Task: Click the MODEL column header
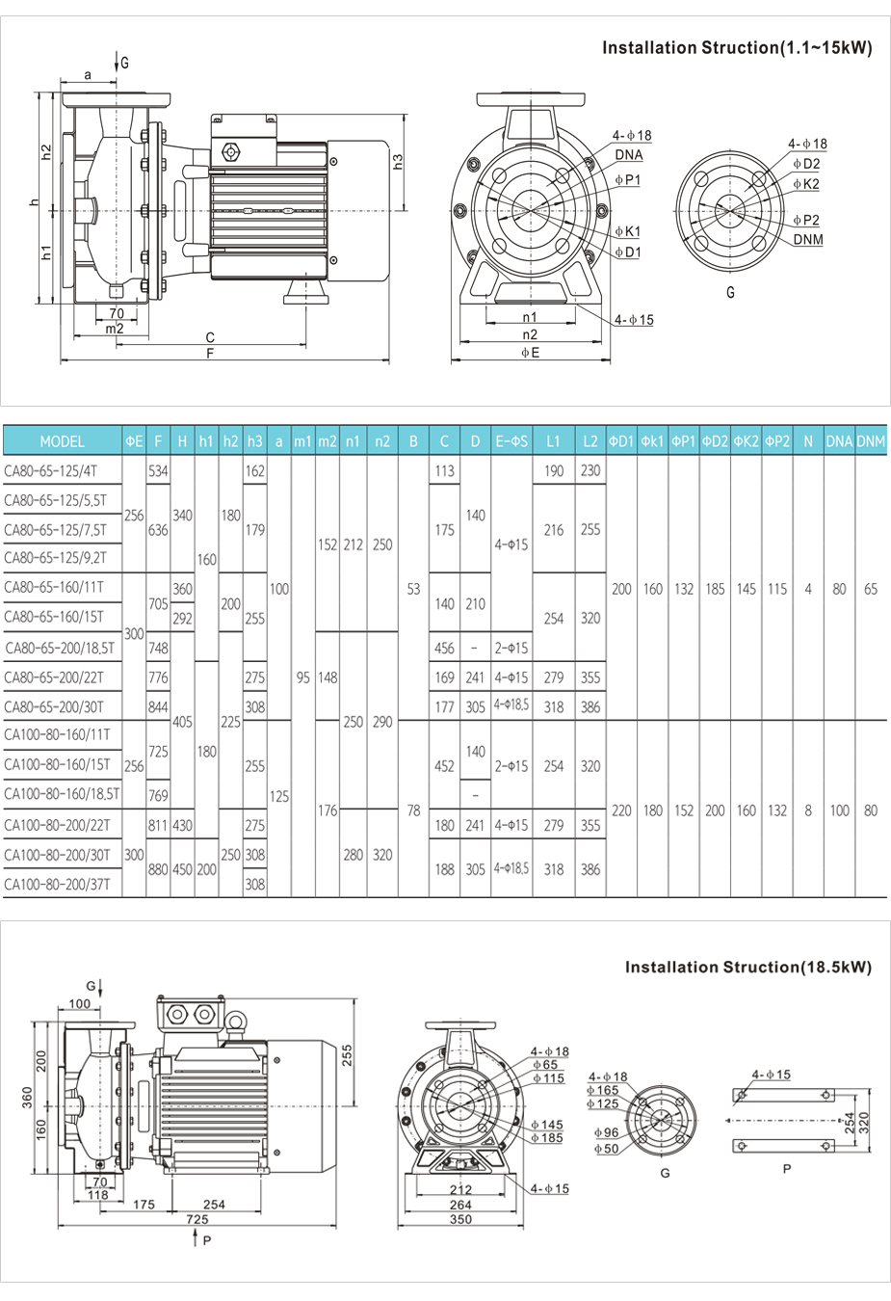(x=62, y=441)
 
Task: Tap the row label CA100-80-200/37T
(x=57, y=884)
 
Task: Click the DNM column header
(x=871, y=441)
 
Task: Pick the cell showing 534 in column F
(x=158, y=471)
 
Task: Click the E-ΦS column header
(x=511, y=441)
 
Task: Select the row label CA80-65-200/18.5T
(x=60, y=648)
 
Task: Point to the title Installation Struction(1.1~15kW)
(x=737, y=48)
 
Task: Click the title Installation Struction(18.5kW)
(x=747, y=967)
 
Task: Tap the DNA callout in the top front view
(x=629, y=155)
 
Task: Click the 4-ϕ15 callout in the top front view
(x=634, y=320)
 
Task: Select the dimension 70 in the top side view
(x=116, y=313)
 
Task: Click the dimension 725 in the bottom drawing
(x=197, y=1219)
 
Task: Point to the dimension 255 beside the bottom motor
(x=347, y=1054)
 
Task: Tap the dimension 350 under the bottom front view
(x=460, y=1219)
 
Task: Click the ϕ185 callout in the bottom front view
(x=547, y=1138)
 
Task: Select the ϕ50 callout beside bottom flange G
(x=606, y=1149)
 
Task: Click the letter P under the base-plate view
(x=787, y=1169)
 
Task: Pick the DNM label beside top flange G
(x=808, y=240)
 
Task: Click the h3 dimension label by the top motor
(x=398, y=161)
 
